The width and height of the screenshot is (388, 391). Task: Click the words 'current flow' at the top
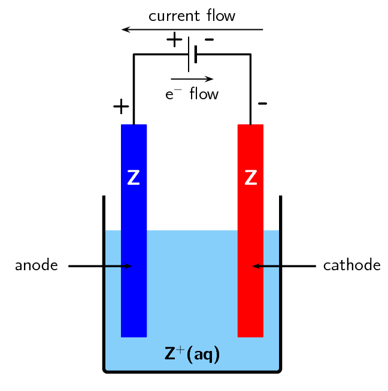tap(192, 16)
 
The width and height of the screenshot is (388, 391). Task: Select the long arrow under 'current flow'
tap(192, 29)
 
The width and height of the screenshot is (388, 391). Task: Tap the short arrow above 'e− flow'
tap(192, 79)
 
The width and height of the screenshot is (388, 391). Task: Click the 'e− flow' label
tap(192, 94)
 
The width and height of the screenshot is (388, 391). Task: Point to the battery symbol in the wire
tap(192, 55)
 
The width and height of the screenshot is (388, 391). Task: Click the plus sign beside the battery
tap(174, 41)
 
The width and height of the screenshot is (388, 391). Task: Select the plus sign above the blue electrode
tap(121, 107)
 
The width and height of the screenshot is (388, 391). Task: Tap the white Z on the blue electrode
tap(134, 178)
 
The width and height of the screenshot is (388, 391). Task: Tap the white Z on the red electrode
tap(251, 178)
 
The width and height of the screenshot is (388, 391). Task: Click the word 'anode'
tap(37, 265)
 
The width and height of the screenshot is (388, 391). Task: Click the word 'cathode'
tap(351, 265)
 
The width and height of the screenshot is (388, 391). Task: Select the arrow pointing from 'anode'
tap(99, 266)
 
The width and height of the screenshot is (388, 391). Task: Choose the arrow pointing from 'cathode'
tap(284, 266)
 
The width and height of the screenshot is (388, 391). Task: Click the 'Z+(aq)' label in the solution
tap(192, 354)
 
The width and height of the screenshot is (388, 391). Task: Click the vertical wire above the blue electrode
tap(134, 90)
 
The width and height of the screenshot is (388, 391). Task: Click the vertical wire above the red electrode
tap(250, 90)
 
